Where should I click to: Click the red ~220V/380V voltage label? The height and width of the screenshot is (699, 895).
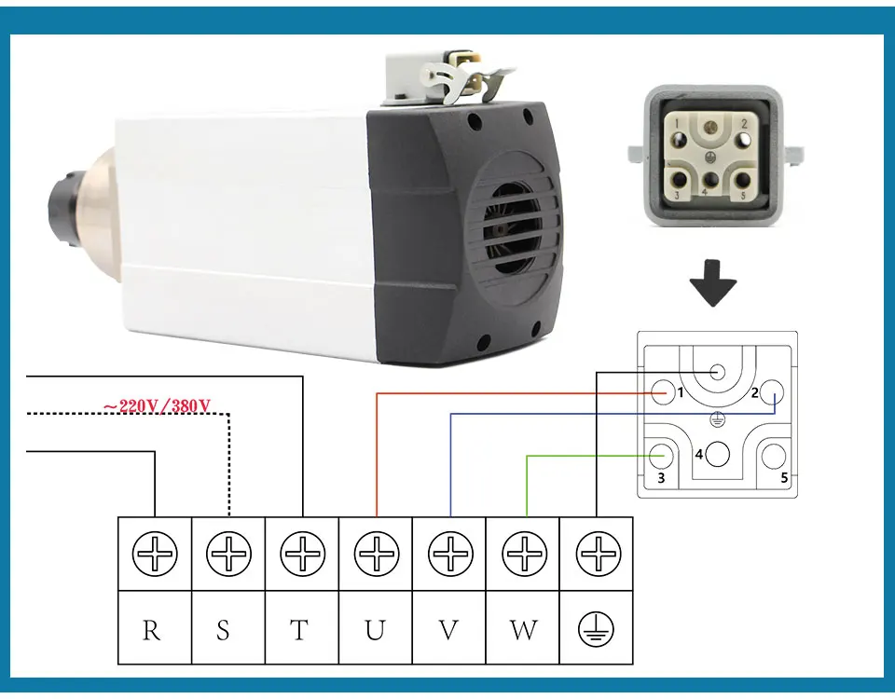pos(157,405)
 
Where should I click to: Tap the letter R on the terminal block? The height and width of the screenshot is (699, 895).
pos(151,631)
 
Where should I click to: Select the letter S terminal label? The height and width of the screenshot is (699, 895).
pos(223,631)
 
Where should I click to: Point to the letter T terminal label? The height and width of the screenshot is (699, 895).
pos(299,631)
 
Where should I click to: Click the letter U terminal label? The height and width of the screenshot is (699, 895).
pos(375,631)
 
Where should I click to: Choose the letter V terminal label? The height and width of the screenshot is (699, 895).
pos(448,631)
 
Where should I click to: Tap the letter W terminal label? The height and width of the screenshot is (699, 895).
pos(523,631)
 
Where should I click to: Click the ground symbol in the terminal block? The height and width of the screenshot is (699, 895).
pos(596,630)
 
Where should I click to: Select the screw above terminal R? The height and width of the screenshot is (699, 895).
pos(155,554)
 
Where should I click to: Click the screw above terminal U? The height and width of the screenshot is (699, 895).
pos(376,554)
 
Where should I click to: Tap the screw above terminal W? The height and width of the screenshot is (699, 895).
pos(525,554)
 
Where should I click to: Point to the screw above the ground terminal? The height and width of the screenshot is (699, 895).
pos(599,554)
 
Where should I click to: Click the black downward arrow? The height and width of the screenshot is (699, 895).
pos(713,283)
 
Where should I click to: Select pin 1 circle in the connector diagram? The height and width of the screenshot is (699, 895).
pos(663,393)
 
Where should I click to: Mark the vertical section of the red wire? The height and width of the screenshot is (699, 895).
pos(377,455)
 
